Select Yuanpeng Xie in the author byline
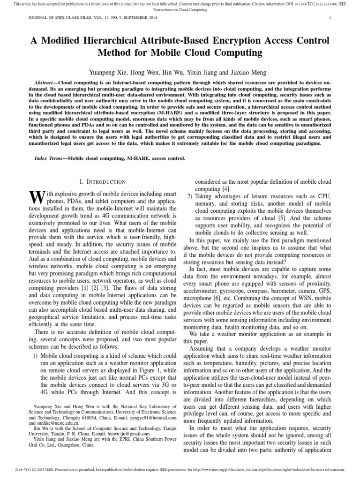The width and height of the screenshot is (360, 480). click(x=108, y=72)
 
